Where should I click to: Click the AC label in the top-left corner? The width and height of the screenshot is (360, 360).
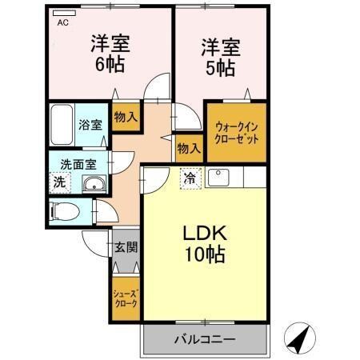click(x=62, y=23)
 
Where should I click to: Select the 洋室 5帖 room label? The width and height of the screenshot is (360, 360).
click(x=218, y=58)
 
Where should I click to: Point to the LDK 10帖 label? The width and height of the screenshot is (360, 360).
click(x=206, y=244)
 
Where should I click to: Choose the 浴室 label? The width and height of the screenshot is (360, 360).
click(x=89, y=125)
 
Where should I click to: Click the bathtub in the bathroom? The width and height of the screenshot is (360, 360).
click(x=62, y=125)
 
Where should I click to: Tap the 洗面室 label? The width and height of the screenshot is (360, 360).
click(x=78, y=164)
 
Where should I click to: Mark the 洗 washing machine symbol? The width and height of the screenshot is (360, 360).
click(x=59, y=182)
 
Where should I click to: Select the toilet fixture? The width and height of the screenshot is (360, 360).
click(x=62, y=212)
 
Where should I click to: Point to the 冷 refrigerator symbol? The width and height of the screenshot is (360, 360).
click(x=190, y=177)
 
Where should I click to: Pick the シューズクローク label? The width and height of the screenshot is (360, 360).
click(x=125, y=298)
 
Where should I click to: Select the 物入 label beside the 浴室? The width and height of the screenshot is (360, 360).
click(x=125, y=117)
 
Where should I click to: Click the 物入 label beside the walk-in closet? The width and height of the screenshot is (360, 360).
click(x=188, y=148)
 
